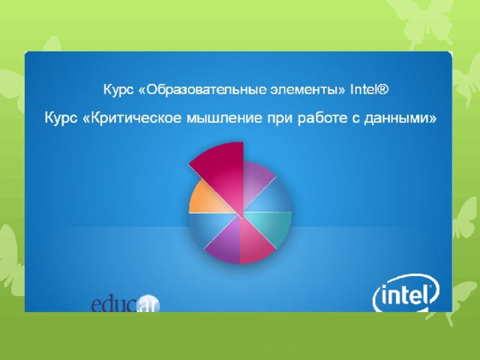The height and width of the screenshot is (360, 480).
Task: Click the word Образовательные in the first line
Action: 202,90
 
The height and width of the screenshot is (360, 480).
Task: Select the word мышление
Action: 224,118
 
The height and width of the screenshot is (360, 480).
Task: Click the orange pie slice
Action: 205,199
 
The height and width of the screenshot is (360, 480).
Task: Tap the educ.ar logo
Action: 125,304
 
